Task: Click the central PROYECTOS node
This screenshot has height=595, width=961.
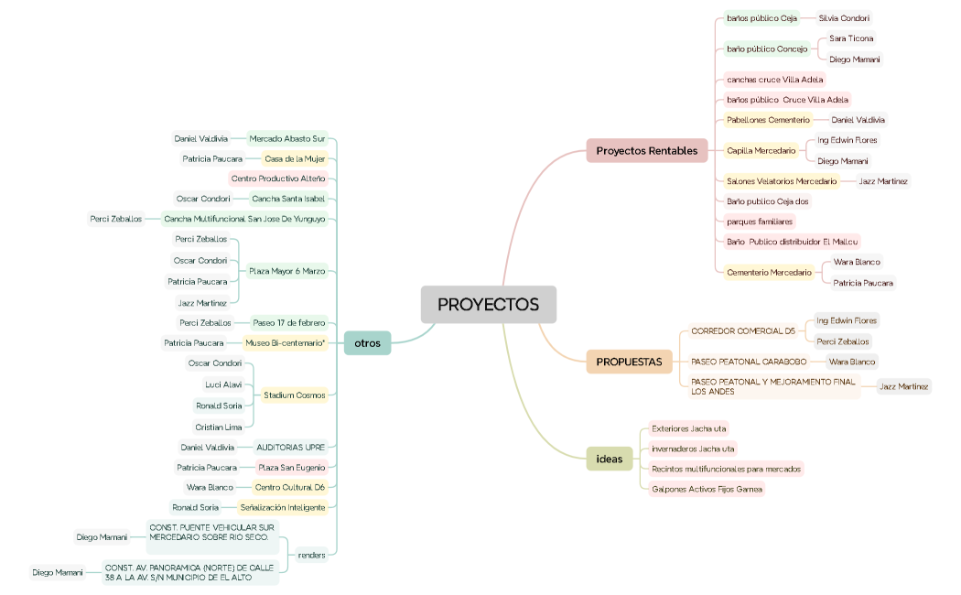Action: point(488,305)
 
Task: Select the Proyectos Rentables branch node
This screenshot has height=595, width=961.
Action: point(646,150)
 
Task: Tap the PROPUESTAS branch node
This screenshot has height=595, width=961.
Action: point(629,362)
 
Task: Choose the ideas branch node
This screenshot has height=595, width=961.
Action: point(609,459)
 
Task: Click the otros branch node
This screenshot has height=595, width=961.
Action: point(368,343)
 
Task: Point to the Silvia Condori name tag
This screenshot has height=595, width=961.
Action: point(844,18)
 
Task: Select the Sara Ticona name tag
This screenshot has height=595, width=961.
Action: point(851,38)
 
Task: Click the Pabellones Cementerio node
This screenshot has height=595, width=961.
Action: point(768,120)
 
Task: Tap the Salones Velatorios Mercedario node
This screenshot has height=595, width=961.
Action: point(781,181)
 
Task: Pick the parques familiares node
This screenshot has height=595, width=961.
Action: point(760,222)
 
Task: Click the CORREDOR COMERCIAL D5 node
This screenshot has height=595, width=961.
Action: point(742,330)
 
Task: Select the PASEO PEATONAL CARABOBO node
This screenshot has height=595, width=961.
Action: point(749,362)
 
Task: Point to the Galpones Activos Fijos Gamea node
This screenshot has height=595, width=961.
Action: point(706,489)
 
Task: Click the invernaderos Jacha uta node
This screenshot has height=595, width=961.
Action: point(692,449)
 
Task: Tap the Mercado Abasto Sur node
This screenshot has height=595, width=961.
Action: point(287,139)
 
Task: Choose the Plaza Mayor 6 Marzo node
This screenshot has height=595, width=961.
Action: point(286,271)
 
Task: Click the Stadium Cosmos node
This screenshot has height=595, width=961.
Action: point(294,395)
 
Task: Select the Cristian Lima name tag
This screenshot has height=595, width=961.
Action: point(218,427)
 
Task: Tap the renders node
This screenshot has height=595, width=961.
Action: point(312,555)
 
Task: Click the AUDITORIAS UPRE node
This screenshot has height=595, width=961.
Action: point(290,448)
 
